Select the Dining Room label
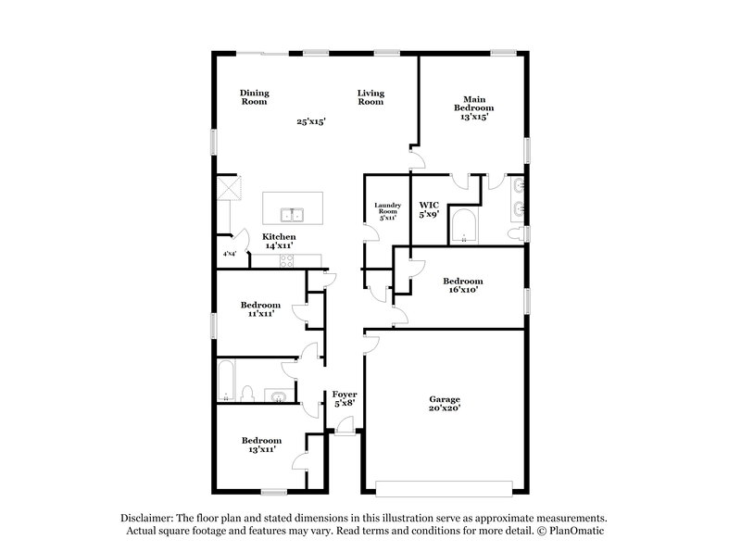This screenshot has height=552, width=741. [254, 97]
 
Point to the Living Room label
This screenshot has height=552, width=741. [371, 97]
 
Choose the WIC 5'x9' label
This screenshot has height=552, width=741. [429, 208]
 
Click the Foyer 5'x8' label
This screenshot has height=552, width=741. [345, 399]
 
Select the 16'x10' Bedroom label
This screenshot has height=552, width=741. [461, 285]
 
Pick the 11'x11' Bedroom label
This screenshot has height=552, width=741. [260, 309]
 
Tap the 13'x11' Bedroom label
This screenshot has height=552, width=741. [261, 445]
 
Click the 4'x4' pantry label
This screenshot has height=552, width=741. [228, 254]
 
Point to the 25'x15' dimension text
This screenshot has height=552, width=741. [311, 121]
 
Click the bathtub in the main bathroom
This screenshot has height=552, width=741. [462, 225]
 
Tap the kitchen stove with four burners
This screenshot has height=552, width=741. [286, 262]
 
